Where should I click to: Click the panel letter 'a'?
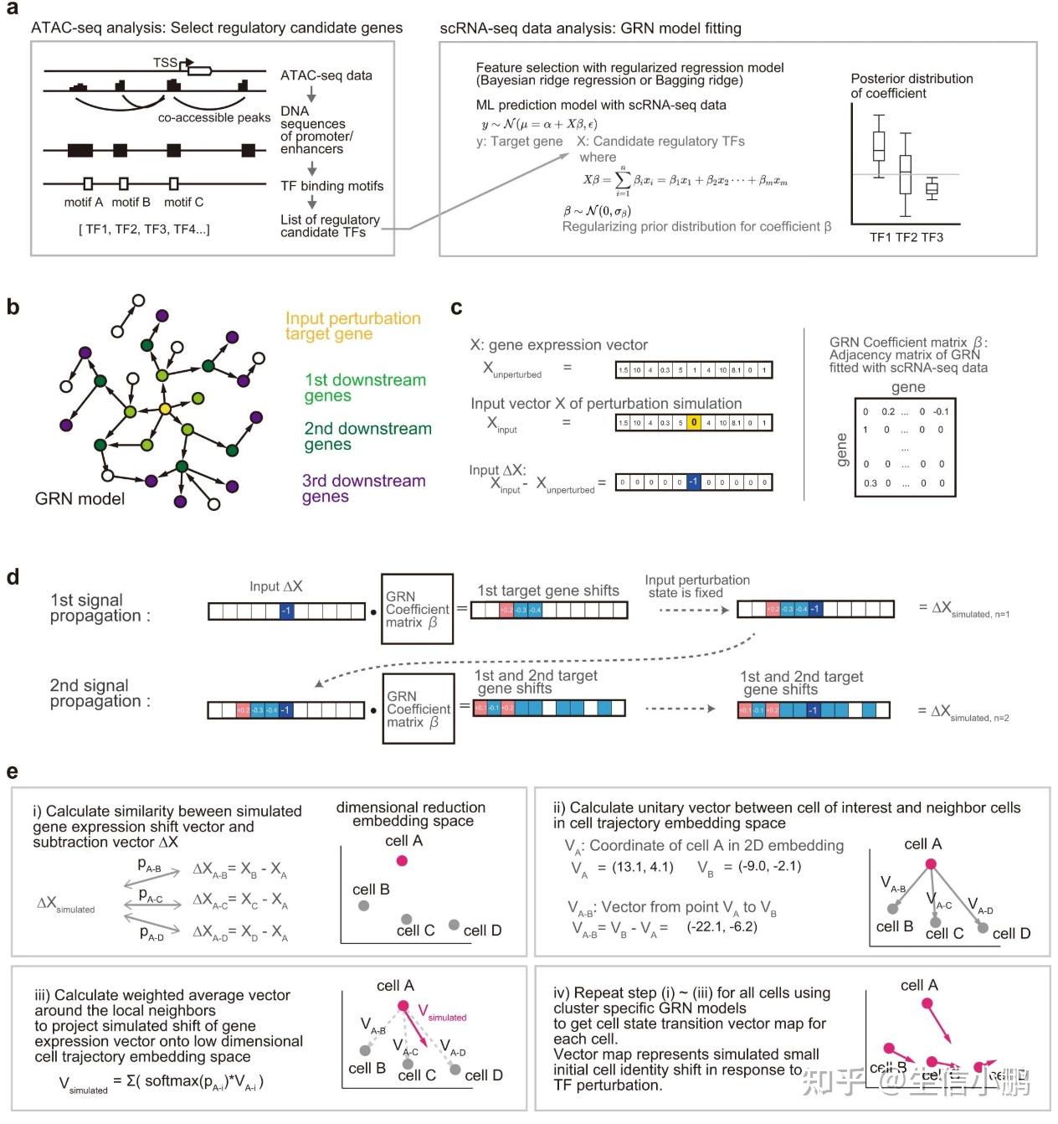pos(12,9)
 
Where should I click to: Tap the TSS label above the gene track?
pos(165,63)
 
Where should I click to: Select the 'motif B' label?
pos(131,202)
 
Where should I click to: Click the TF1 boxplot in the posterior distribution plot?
pos(878,146)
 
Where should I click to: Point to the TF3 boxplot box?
pos(932,188)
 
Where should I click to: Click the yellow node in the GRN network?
pos(165,408)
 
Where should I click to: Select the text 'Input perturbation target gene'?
pos(352,326)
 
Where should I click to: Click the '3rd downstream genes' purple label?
pos(363,488)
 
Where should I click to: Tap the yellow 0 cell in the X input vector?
pos(693,423)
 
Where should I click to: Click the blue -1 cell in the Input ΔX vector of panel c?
pos(693,482)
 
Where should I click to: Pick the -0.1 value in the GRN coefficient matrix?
pos(941,411)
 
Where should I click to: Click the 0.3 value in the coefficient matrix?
pos(871,483)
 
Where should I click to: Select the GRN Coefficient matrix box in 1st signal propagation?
pos(417,609)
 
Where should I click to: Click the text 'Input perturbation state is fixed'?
pos(696,586)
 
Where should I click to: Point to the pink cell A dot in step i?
pos(402,860)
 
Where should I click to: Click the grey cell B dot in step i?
pos(363,905)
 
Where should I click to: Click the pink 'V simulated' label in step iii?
pos(441,1013)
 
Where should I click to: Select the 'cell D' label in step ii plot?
pos(1011,933)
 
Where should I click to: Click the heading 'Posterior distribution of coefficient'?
pos(912,85)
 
